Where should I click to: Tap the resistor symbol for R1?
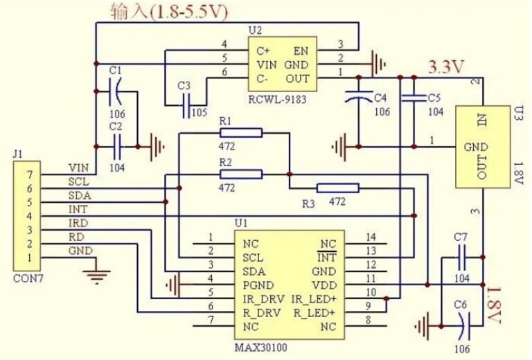point(241,133)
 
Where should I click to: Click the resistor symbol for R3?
point(338,188)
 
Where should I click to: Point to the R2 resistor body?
point(241,174)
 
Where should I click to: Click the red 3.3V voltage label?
point(447,67)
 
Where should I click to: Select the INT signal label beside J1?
point(77,208)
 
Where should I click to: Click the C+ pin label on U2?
point(263,51)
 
